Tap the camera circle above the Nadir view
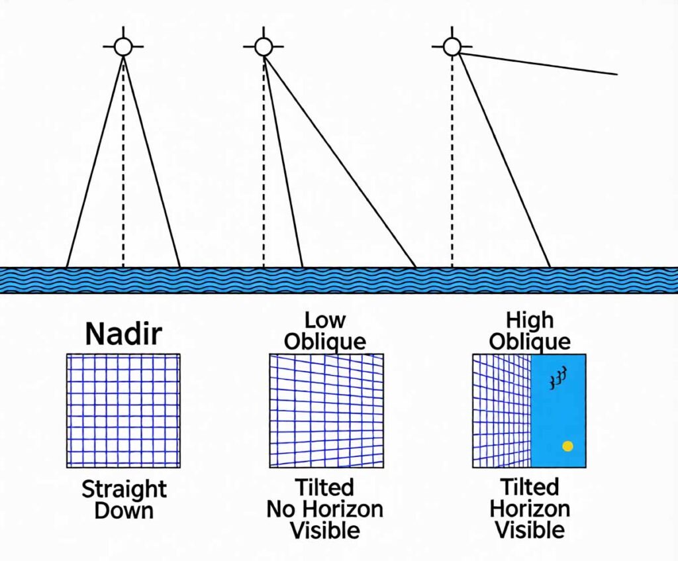pyautogui.click(x=123, y=47)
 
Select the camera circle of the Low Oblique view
pyautogui.click(x=264, y=47)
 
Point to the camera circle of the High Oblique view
pyautogui.click(x=452, y=46)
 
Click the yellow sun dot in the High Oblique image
pyautogui.click(x=567, y=446)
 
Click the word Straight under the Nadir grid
pyautogui.click(x=124, y=490)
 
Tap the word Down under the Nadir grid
pyautogui.click(x=124, y=511)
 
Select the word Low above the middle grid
pyautogui.click(x=325, y=321)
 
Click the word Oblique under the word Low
pyautogui.click(x=325, y=341)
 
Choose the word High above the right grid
pyautogui.click(x=530, y=321)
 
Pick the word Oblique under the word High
pyautogui.click(x=530, y=341)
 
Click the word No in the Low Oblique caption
pyautogui.click(x=282, y=509)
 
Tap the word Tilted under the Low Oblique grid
pyautogui.click(x=325, y=488)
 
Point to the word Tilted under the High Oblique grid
pyautogui.click(x=530, y=488)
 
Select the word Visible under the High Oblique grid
pyautogui.click(x=530, y=529)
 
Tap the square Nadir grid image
pyautogui.click(x=123, y=410)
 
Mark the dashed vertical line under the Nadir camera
pyautogui.click(x=123, y=166)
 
